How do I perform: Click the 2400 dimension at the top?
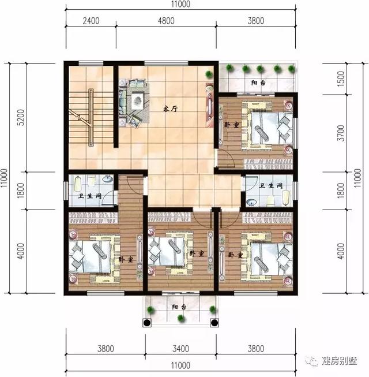tap(91, 21)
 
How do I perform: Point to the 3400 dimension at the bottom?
tap(181, 349)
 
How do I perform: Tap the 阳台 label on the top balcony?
tap(258, 83)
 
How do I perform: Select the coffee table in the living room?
tap(137, 100)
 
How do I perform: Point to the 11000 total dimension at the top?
tap(180, 5)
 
